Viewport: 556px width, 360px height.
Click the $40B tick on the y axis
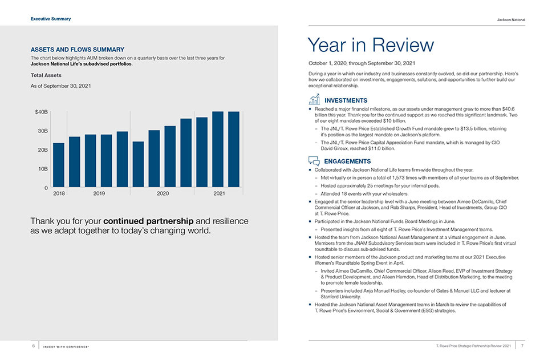click(42, 112)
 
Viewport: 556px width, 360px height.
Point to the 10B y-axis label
click(43, 169)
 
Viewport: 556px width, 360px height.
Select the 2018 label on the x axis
click(59, 193)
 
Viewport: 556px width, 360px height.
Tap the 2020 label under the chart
click(163, 193)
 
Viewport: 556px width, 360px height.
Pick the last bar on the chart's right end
click(234, 149)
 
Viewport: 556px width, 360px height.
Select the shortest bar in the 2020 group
click(139, 164)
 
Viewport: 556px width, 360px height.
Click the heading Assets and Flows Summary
click(78, 50)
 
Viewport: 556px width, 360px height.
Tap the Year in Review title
click(371, 45)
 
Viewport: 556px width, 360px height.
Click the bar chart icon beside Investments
click(315, 99)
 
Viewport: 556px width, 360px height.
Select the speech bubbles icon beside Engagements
click(314, 161)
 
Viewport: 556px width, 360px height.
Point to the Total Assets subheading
click(46, 75)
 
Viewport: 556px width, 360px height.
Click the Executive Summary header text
click(51, 19)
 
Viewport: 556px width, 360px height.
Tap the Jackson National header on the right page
click(511, 20)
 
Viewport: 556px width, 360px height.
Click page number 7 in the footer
click(522, 346)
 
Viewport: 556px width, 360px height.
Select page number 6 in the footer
click(34, 346)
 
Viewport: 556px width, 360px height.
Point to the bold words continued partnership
click(149, 221)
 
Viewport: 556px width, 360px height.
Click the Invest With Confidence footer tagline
click(66, 347)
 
